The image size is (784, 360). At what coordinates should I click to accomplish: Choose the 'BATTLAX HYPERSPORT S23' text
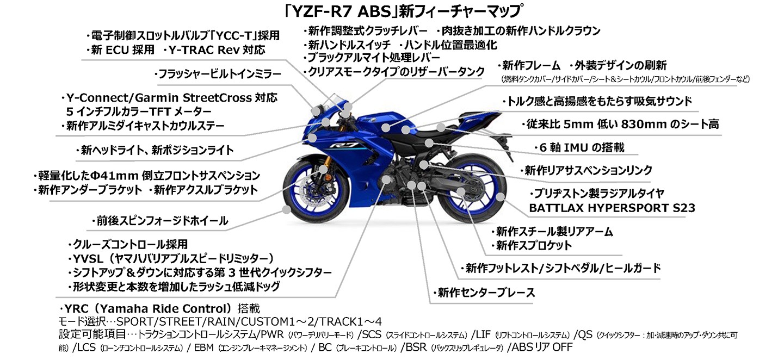click(612, 208)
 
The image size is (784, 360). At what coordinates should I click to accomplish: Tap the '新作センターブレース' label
click(484, 293)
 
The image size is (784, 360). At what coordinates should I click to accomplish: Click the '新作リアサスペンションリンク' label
click(585, 170)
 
